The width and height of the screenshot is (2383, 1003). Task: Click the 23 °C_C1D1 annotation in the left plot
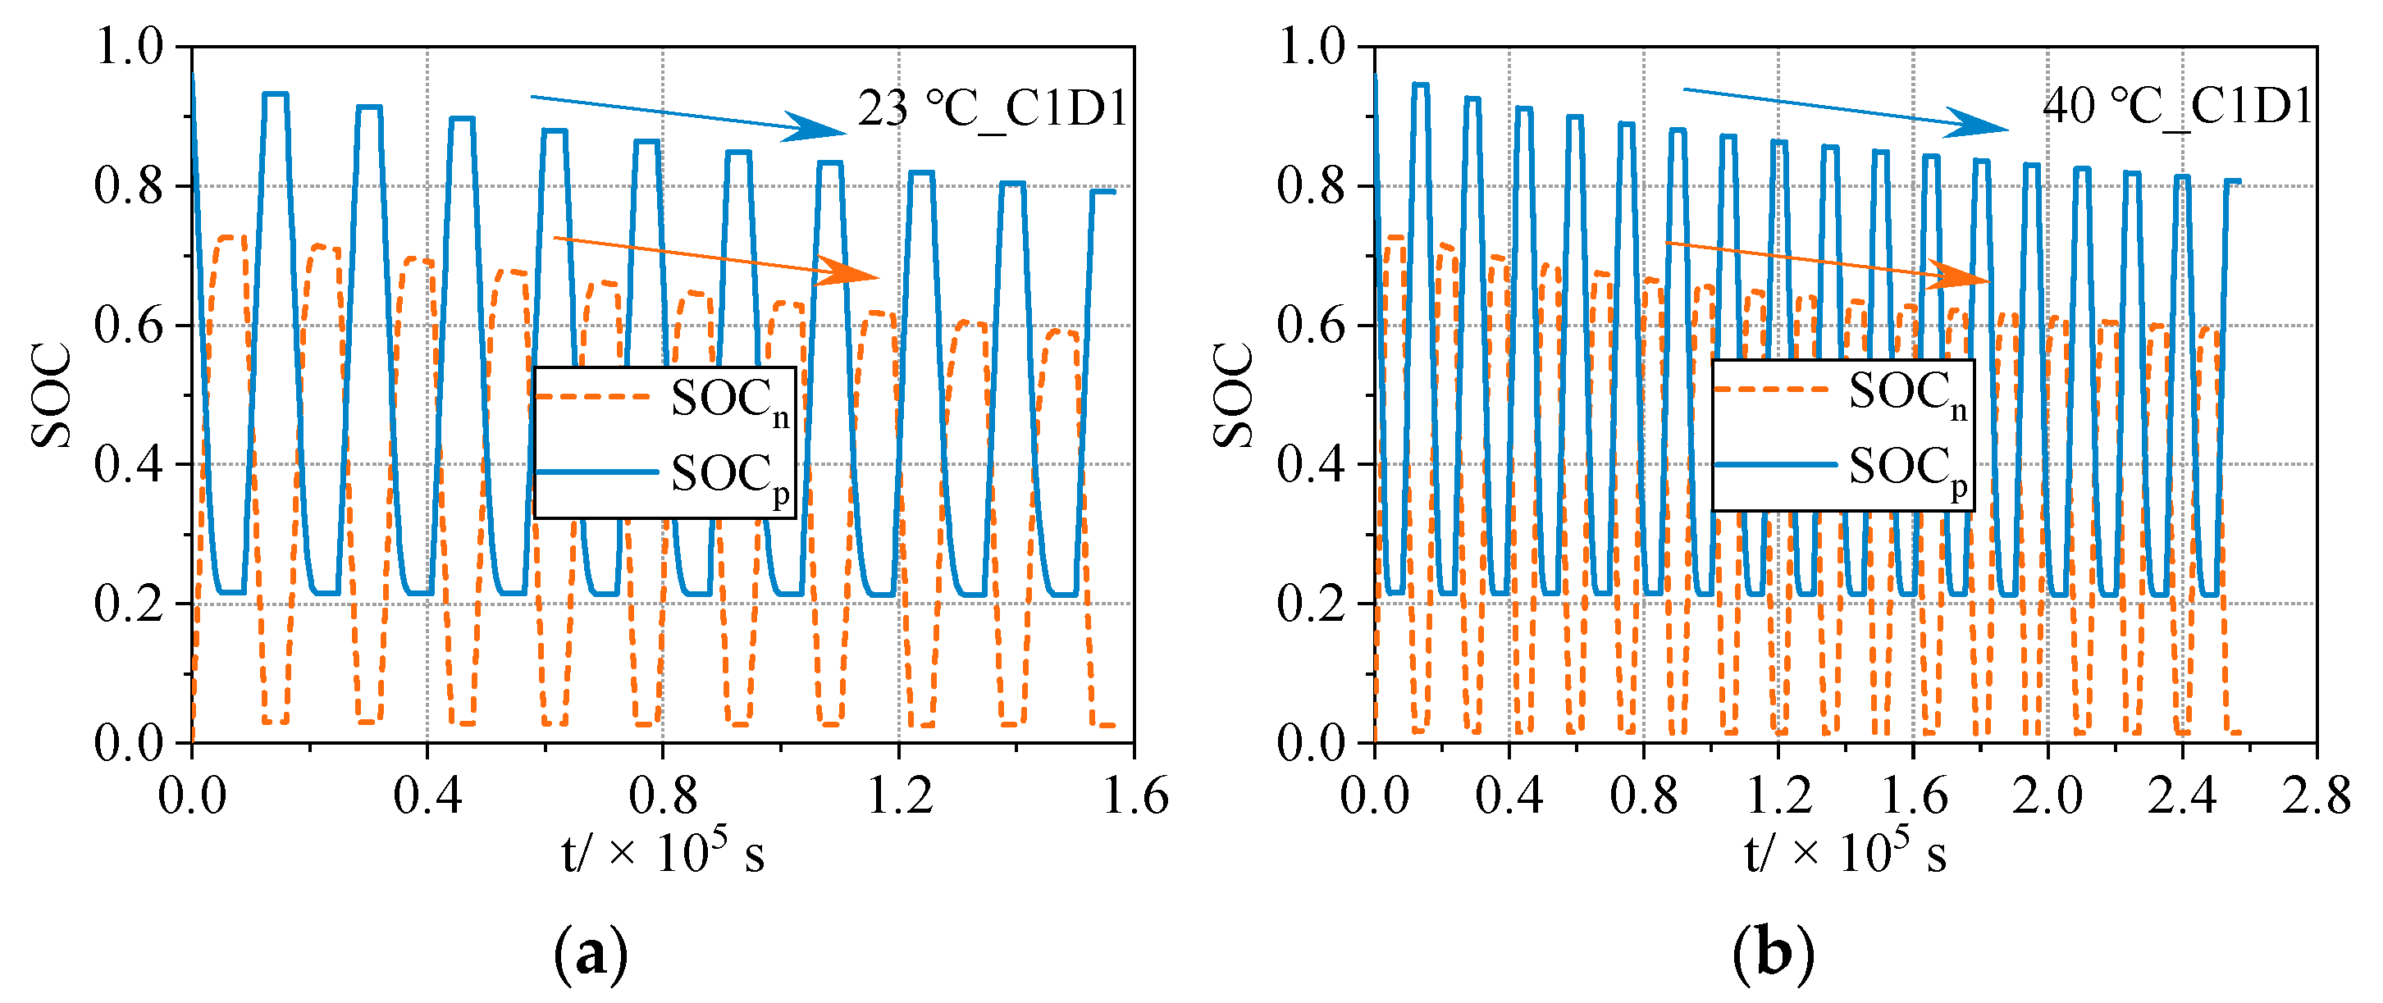992,109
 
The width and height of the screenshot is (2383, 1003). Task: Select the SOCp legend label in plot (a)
729,476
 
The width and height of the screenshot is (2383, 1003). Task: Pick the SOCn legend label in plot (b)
1907,393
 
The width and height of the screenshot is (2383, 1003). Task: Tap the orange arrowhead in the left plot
851,271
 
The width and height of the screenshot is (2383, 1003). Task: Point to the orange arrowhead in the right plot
1960,276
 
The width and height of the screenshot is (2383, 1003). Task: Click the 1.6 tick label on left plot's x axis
1134,796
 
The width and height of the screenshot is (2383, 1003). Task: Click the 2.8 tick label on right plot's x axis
2316,796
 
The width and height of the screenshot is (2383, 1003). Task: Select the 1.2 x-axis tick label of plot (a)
899,796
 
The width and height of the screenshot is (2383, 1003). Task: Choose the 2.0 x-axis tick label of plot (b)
2047,796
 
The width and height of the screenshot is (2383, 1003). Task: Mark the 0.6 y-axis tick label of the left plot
129,326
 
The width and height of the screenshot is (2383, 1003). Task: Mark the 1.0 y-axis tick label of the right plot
1312,46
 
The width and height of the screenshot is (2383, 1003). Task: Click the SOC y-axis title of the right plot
1232,395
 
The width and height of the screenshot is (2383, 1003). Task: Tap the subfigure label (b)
1774,953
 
